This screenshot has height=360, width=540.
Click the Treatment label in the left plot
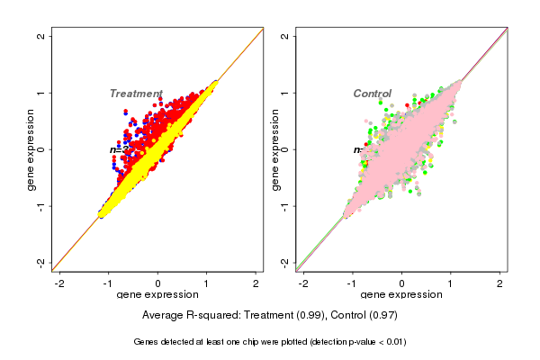click(136, 94)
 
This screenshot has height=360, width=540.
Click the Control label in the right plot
click(373, 94)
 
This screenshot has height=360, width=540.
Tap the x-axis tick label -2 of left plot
click(59, 283)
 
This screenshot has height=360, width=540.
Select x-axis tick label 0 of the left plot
click(158, 283)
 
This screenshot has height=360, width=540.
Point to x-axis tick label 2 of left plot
click(256, 283)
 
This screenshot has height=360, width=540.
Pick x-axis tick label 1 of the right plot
click(452, 283)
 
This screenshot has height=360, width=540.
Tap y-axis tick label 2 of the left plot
click(41, 36)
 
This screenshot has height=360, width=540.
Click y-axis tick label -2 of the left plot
click(41, 262)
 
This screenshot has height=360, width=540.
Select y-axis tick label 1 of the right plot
click(285, 93)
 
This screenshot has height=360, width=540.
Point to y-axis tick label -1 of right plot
click(285, 205)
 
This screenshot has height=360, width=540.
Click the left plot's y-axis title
click(31, 149)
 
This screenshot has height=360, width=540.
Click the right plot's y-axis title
click(274, 149)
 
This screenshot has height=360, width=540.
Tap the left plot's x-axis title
click(157, 295)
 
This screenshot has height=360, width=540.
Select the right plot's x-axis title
click(401, 295)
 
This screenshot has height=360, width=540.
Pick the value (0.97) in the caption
click(382, 316)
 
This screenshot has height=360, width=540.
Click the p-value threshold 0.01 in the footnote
click(394, 342)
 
